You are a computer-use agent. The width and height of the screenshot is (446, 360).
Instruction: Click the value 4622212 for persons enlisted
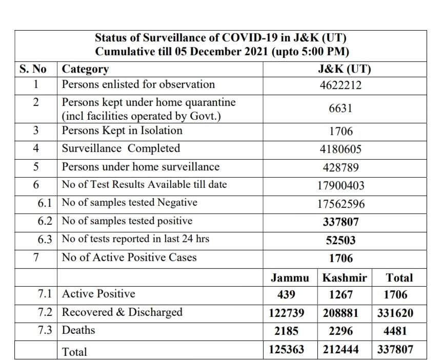click(341, 85)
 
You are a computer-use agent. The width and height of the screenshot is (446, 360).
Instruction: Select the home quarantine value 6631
click(341, 109)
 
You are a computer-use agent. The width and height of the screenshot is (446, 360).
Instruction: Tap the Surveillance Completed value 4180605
click(341, 150)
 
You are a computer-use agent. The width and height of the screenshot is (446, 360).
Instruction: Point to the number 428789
click(341, 167)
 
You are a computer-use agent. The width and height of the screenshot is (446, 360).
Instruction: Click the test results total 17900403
click(341, 185)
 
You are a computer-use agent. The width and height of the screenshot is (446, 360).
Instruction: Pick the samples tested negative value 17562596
click(341, 204)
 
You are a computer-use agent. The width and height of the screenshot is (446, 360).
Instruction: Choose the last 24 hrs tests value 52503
click(341, 240)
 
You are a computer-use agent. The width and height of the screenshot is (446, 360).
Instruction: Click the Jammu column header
click(290, 278)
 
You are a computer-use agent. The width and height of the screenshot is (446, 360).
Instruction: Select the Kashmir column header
click(344, 278)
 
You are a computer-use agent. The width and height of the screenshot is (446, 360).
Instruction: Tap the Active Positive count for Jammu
click(286, 295)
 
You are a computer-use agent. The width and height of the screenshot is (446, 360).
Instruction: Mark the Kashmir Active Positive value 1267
click(341, 295)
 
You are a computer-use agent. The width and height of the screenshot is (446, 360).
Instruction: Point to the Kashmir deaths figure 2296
click(341, 331)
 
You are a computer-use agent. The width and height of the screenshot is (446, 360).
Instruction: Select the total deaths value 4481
click(395, 331)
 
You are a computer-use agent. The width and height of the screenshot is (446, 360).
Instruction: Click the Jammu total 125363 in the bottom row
click(287, 350)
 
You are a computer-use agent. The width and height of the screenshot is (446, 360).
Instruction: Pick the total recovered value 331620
click(395, 313)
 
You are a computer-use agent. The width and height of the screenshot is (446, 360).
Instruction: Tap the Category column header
click(85, 69)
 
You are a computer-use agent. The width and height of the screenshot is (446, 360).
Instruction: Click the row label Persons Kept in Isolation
click(122, 131)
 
